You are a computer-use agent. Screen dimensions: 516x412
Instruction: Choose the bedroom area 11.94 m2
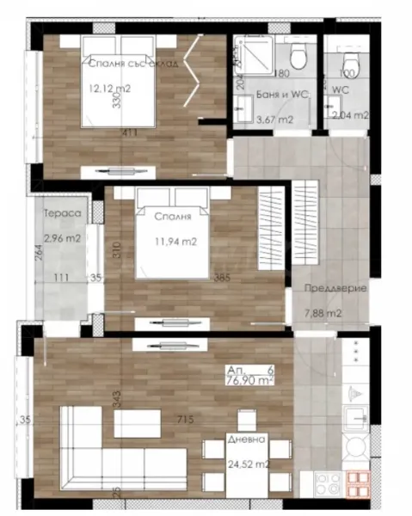pos(176,242)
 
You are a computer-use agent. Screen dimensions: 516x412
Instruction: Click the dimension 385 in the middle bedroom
pos(223,279)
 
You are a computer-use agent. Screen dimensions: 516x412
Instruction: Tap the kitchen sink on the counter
pos(354,419)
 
